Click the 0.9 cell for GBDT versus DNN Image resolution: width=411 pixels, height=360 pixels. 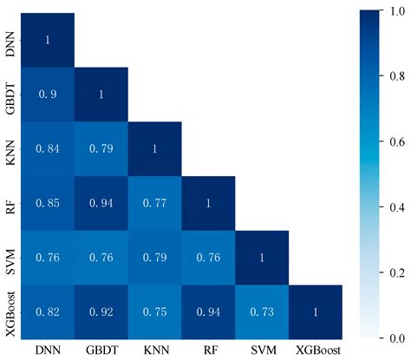(48, 94)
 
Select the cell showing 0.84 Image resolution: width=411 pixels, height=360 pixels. (48, 148)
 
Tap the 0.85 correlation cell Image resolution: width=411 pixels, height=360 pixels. (48, 203)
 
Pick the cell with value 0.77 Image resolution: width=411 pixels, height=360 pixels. (155, 203)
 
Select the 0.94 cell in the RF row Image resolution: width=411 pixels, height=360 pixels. (101, 203)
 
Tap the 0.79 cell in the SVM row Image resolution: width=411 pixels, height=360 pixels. (155, 257)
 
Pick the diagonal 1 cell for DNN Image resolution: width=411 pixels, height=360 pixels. (48, 40)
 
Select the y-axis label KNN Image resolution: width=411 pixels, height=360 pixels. (11, 148)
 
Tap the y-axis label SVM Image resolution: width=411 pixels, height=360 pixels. (11, 257)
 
